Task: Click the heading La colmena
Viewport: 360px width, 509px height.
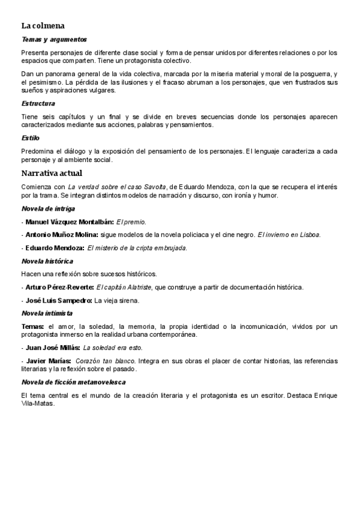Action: (x=43, y=26)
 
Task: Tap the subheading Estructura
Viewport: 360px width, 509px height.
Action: (x=38, y=103)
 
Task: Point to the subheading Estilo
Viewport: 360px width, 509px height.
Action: (x=30, y=138)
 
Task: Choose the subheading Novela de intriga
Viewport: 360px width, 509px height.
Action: (x=48, y=208)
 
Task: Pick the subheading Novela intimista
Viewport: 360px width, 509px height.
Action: (x=47, y=313)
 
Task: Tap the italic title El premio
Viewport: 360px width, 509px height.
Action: (x=131, y=221)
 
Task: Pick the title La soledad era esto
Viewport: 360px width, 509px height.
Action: (x=113, y=348)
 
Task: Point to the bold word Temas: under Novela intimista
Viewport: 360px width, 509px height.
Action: (x=32, y=327)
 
